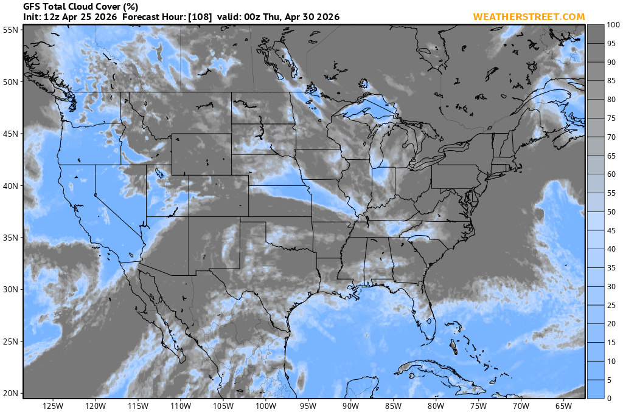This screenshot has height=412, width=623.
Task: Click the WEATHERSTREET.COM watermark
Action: point(529,16)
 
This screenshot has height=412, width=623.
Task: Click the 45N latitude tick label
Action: point(10,134)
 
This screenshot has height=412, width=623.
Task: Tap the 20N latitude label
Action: point(10,393)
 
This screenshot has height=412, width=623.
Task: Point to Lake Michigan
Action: point(377,152)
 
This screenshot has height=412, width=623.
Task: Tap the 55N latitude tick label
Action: point(10,30)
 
